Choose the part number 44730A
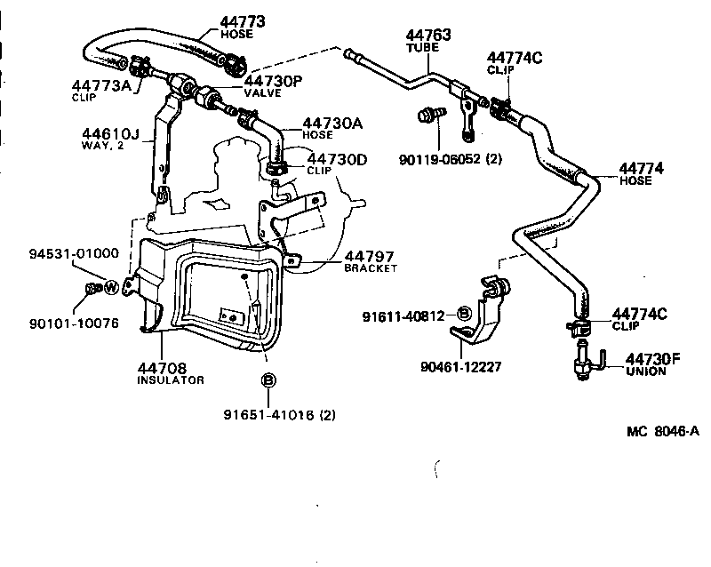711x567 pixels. tap(332, 123)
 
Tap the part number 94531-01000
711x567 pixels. tap(72, 253)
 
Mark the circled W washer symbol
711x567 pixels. tap(112, 287)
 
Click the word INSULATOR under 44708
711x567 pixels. tap(171, 379)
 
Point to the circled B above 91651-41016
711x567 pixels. tap(268, 381)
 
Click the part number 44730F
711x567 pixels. tap(652, 359)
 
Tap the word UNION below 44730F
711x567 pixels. tap(645, 371)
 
